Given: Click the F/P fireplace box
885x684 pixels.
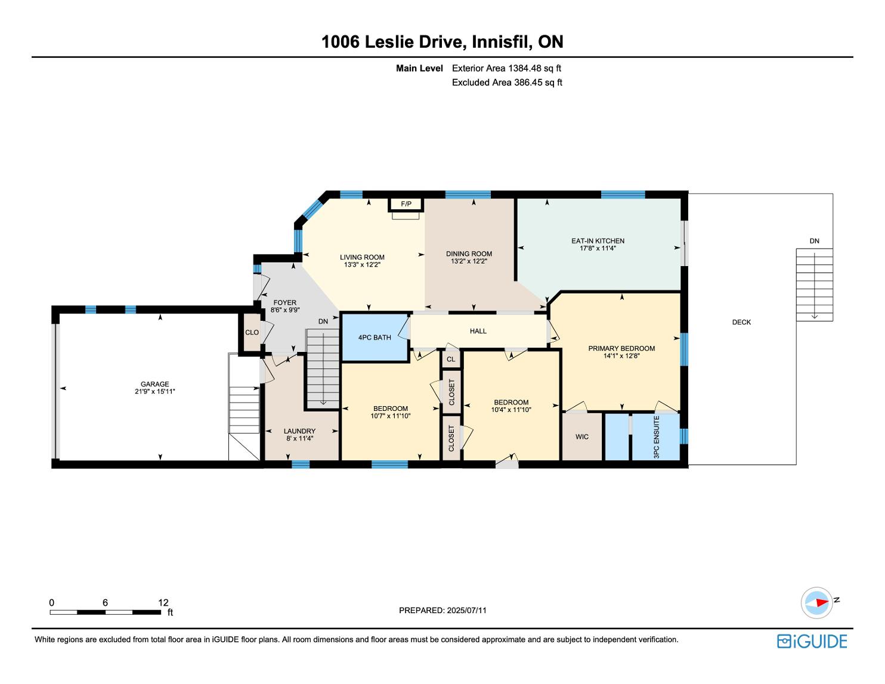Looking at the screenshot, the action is (x=406, y=203).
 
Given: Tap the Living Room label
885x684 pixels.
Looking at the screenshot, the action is (x=362, y=257).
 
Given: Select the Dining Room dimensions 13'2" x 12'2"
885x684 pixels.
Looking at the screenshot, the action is (x=469, y=261).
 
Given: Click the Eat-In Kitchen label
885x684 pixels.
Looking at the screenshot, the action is (x=598, y=241).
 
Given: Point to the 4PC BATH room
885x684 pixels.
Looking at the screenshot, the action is (x=375, y=337).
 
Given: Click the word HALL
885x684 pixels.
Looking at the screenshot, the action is (x=478, y=331).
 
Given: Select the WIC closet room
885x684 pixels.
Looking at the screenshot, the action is (x=581, y=437).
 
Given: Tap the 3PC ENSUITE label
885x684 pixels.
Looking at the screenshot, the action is (x=656, y=437).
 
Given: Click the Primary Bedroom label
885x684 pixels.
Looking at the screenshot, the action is (x=621, y=348).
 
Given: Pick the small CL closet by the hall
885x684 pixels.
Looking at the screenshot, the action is (x=451, y=359).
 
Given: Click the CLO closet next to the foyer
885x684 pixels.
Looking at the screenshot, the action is (x=252, y=332).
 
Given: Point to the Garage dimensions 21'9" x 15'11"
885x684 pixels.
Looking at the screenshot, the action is (x=155, y=391).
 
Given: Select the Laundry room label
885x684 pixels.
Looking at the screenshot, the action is (x=300, y=431).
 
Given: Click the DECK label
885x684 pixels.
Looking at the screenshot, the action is (x=741, y=322).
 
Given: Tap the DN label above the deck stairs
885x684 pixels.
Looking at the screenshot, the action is (x=814, y=241).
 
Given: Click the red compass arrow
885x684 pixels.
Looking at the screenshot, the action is (x=822, y=602).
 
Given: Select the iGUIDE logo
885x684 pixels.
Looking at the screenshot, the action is (x=812, y=641).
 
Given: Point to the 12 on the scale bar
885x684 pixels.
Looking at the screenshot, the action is (x=163, y=602).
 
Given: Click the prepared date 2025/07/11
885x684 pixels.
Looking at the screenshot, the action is (x=467, y=610).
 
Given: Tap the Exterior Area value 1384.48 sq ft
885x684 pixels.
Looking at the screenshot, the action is (x=535, y=69).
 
